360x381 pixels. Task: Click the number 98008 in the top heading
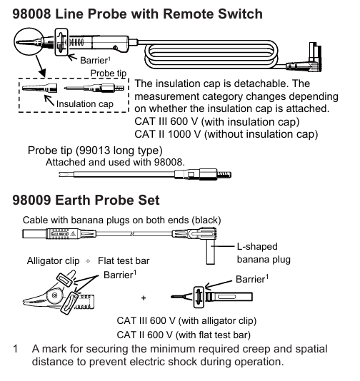[31, 14]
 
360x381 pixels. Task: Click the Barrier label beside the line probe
[95, 60]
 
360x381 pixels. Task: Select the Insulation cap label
[85, 104]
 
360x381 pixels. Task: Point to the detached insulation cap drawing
[40, 88]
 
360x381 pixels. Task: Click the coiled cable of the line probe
[211, 54]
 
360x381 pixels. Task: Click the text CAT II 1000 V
[168, 134]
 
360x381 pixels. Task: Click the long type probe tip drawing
[145, 174]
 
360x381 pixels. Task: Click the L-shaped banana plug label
[264, 253]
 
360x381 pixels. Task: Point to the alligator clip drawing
[59, 293]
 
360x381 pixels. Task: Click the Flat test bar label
[124, 260]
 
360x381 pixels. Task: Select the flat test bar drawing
[211, 297]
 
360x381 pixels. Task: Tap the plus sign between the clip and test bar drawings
[144, 298]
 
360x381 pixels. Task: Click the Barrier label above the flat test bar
[252, 279]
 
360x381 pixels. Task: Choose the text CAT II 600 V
[144, 335]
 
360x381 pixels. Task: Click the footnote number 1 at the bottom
[16, 349]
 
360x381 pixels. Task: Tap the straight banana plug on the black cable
[59, 234]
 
